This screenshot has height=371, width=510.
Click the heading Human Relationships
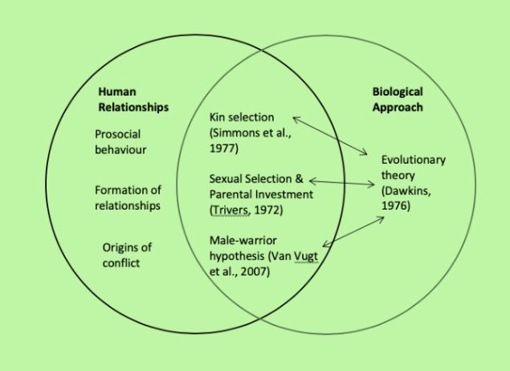coord(133,99)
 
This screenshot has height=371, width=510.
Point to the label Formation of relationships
coord(127,198)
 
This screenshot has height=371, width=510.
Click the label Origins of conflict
coord(128,255)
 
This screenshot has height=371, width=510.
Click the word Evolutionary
coord(413,160)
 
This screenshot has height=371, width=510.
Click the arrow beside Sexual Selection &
coord(341,181)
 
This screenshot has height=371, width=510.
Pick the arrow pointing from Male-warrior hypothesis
coord(351,230)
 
